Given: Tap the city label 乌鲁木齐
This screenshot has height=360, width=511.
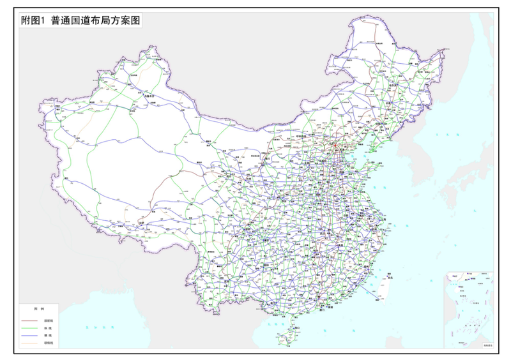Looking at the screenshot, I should (149, 96).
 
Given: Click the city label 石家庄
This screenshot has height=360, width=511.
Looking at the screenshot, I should (324, 166).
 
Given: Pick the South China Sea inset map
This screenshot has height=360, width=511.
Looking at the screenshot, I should (469, 310).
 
